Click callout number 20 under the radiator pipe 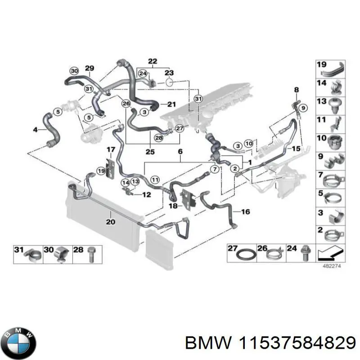pos(111,221)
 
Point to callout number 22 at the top pos(153,61)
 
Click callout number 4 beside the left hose pos(36,130)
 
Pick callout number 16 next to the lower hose pos(245,211)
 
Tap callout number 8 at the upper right pos(296,90)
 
